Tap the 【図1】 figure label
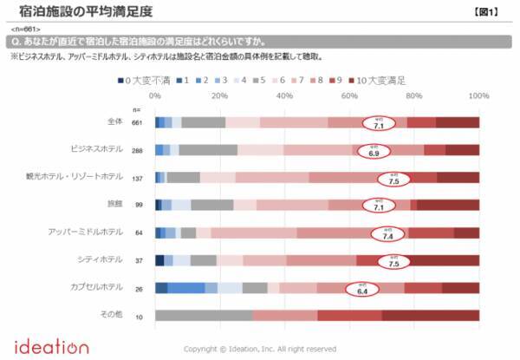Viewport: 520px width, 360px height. click(x=492, y=12)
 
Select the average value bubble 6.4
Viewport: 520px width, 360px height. click(x=363, y=290)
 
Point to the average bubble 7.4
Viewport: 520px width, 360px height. click(x=388, y=233)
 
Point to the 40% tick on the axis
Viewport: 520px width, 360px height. click(x=284, y=96)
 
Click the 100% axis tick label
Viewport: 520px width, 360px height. click(x=478, y=96)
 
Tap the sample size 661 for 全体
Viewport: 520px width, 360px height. click(x=136, y=123)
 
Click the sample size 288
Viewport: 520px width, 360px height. click(x=136, y=150)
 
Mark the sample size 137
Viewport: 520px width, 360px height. click(x=136, y=178)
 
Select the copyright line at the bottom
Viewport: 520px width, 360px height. click(x=260, y=349)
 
